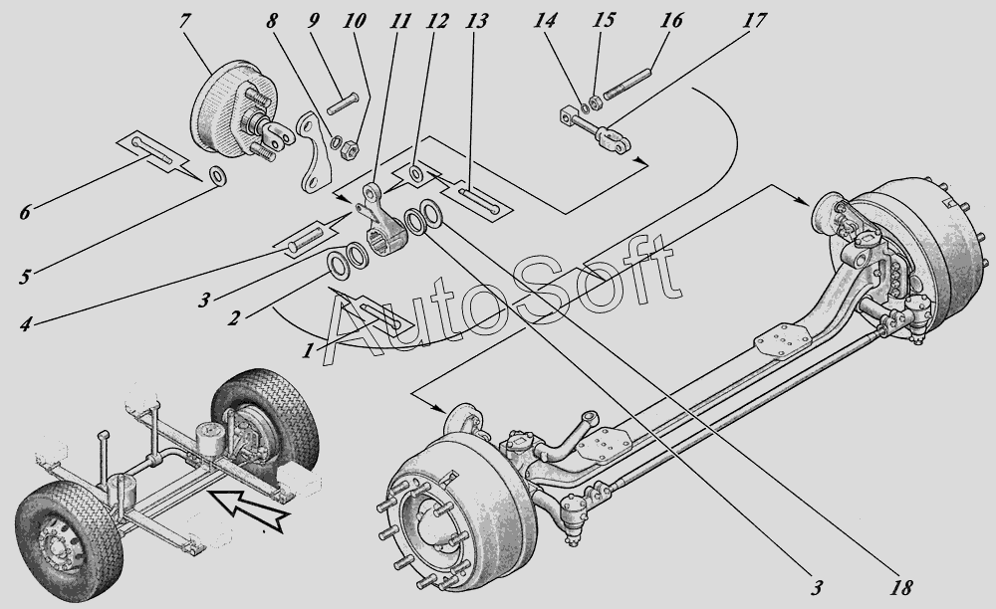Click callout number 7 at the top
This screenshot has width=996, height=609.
point(183,22)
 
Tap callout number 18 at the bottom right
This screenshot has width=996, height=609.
point(900,588)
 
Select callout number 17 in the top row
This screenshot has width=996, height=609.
point(754,21)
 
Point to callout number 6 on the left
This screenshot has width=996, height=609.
point(24,212)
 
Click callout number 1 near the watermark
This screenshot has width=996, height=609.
point(308,350)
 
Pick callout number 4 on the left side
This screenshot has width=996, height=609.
point(25,325)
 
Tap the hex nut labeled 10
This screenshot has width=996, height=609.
point(350,150)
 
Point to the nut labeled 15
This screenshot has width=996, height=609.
point(596,101)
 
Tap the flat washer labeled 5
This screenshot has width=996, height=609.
point(219,174)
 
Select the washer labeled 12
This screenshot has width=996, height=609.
point(415,173)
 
